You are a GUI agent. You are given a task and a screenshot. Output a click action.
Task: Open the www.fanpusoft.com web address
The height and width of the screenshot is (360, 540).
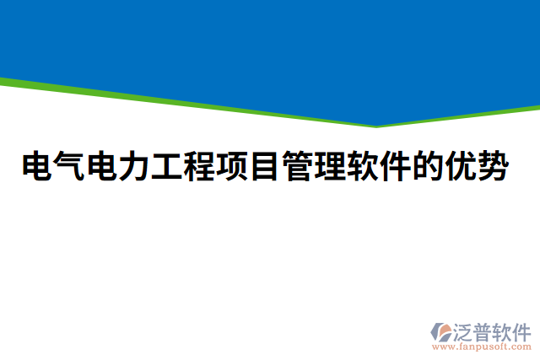[x=482, y=346]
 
